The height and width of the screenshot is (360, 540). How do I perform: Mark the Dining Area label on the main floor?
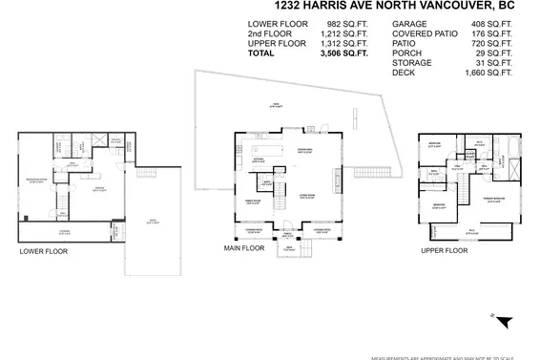(x=307, y=151)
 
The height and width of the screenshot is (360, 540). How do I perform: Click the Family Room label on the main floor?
(x=254, y=201)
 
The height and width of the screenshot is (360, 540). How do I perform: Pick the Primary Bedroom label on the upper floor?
(x=493, y=199)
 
